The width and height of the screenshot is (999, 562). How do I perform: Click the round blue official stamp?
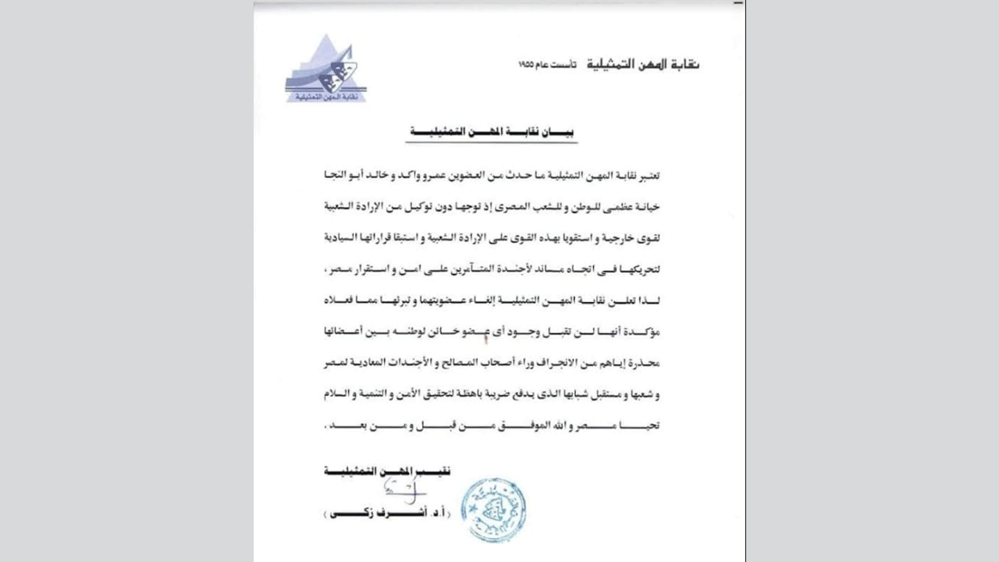(492, 510)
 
